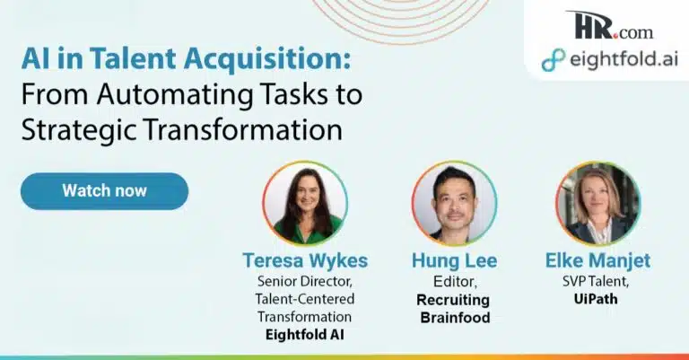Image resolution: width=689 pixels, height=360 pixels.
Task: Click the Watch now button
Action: pos(105,190)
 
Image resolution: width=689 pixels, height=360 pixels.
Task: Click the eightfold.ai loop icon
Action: pos(554,60)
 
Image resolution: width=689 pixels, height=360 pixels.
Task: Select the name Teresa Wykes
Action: pos(305,260)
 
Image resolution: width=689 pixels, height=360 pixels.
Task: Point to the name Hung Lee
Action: pos(454,260)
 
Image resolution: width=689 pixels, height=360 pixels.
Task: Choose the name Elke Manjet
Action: pos(597,260)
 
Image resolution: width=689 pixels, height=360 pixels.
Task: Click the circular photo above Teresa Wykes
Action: pos(305,203)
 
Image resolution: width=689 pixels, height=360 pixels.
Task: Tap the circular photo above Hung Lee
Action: pos(454,203)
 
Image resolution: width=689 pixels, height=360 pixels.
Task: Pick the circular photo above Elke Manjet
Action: pos(598,203)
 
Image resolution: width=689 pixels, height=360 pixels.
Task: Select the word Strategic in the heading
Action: pos(79,130)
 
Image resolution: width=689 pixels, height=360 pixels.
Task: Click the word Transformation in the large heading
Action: pos(242,129)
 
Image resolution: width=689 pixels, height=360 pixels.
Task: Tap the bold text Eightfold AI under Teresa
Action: pos(305,335)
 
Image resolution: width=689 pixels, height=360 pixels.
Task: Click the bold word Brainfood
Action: pos(455,318)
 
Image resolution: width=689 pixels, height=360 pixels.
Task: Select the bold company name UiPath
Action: pos(596,299)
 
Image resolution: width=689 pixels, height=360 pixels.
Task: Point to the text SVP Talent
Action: pos(596,281)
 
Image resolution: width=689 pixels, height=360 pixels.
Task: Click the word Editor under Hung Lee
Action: pos(454,281)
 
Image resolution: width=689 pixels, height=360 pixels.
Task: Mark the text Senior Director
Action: pos(305,281)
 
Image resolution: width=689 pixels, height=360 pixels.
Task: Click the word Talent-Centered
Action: pos(305,299)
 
